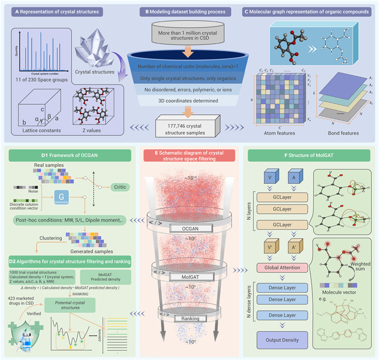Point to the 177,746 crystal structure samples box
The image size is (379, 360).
[x=187, y=126]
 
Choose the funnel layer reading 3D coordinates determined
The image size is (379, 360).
[x=187, y=100]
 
